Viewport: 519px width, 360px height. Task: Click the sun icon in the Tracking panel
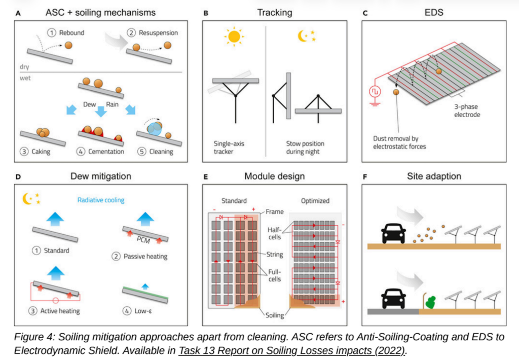(x=234, y=37)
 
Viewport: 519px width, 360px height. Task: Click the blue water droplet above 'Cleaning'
(x=154, y=129)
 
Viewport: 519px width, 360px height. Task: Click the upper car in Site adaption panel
(x=393, y=233)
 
